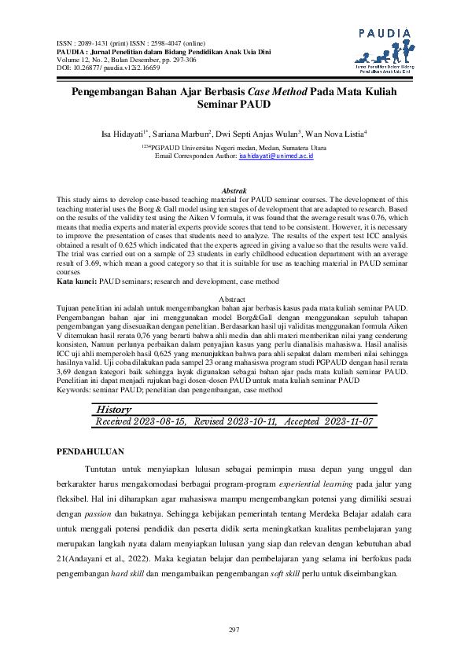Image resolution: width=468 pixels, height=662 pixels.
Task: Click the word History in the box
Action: coord(114,410)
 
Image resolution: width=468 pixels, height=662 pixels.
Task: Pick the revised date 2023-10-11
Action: coord(249,422)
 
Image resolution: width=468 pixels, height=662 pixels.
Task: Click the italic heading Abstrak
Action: coord(234,191)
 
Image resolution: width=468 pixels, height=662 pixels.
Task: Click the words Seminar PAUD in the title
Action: coord(234,104)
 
